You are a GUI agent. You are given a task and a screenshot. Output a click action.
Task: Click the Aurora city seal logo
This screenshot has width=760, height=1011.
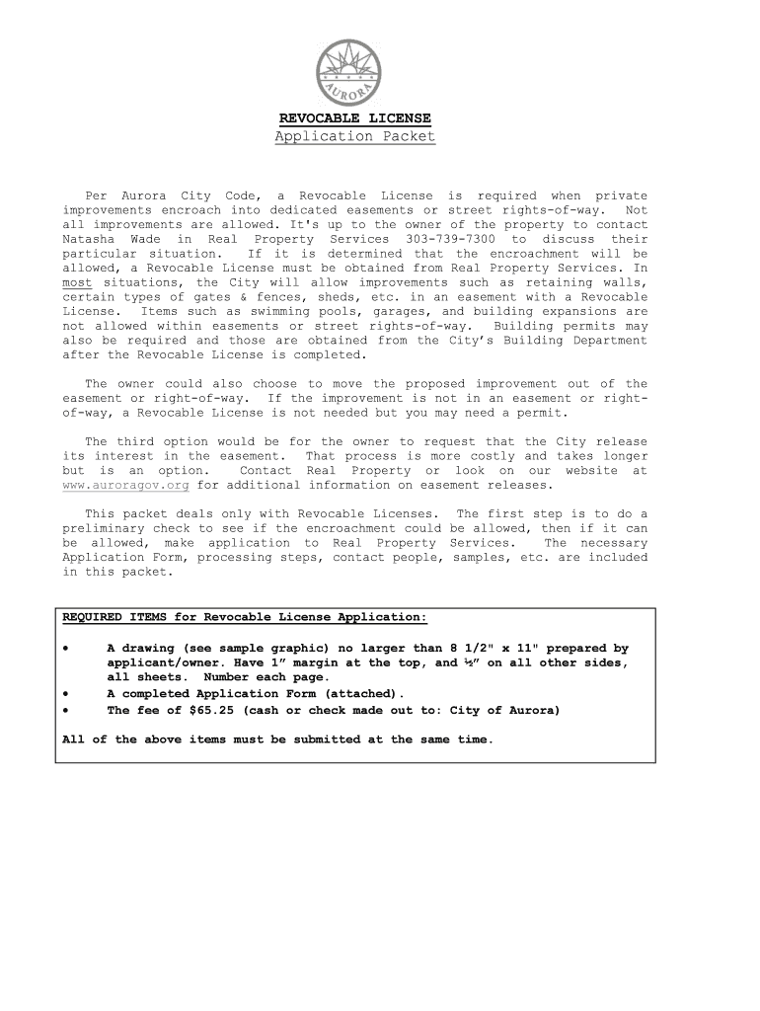click(346, 74)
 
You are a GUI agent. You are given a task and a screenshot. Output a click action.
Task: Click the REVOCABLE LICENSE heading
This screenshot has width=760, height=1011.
click(354, 118)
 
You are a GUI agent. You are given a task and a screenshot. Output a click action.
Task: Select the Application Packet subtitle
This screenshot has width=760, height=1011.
click(354, 136)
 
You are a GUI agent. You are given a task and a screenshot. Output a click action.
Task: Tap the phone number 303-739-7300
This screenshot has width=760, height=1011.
click(450, 239)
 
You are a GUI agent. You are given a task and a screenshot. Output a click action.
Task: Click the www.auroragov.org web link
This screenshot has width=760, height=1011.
click(126, 485)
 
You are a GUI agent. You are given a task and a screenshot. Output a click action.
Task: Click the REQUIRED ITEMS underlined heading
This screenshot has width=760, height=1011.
click(245, 617)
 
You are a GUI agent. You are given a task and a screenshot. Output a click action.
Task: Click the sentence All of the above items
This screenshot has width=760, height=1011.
click(276, 739)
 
